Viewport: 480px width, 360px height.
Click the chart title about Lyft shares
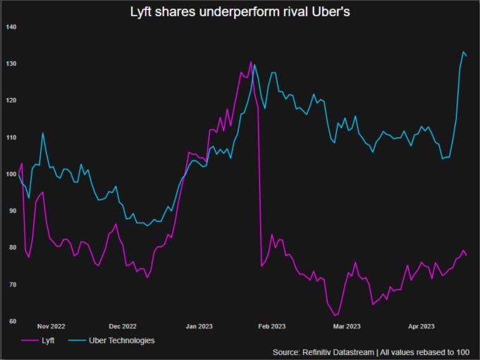[x=239, y=12]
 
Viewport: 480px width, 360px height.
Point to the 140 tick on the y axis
[x=11, y=27]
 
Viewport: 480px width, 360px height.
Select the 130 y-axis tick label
[x=11, y=63]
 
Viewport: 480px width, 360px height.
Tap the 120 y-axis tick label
[x=11, y=100]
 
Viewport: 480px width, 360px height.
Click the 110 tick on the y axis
[x=11, y=137]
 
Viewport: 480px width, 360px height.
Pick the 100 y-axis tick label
[x=11, y=174]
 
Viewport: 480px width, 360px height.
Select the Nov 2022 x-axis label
[x=51, y=327]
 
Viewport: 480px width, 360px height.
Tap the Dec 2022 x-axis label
[x=123, y=327]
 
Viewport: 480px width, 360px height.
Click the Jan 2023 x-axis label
[x=199, y=327]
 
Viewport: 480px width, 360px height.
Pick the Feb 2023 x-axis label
[x=272, y=327]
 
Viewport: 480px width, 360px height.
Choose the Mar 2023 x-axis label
[x=347, y=327]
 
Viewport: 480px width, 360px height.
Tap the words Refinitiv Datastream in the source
[x=337, y=351]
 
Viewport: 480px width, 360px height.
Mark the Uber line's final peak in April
[x=463, y=52]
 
